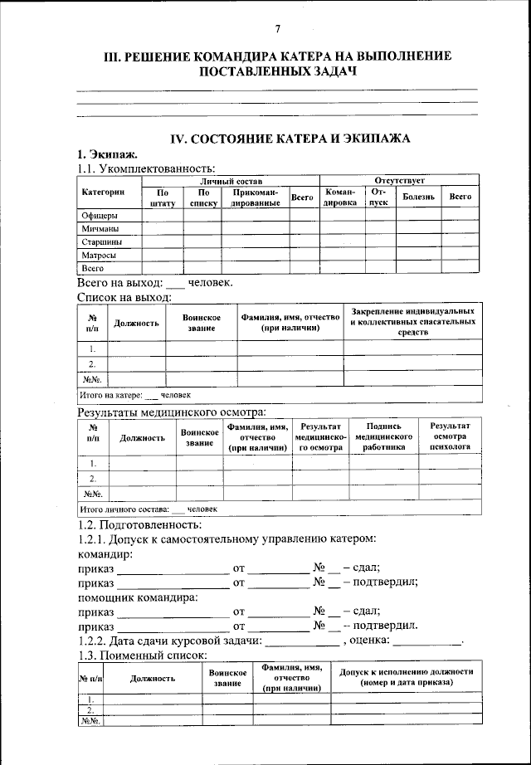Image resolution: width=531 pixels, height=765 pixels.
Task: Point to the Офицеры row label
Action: pyautogui.click(x=98, y=215)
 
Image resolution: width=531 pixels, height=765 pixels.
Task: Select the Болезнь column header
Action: pyautogui.click(x=418, y=197)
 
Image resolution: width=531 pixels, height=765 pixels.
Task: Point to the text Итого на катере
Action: pyautogui.click(x=110, y=395)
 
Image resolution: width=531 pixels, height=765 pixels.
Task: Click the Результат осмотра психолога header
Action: pyautogui.click(x=451, y=436)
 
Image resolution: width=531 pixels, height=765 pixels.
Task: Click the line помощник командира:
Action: pyautogui.click(x=137, y=597)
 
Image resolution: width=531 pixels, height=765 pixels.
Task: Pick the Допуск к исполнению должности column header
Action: pyautogui.click(x=406, y=676)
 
